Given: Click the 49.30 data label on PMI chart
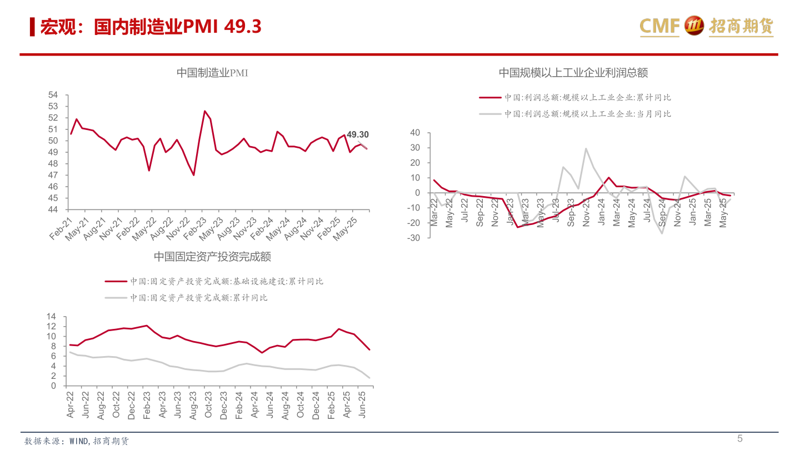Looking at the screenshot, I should coord(357,134).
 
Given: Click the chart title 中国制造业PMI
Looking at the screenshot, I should coord(212,73).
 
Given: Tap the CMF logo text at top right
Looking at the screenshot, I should coord(659,26).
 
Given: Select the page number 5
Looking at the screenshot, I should coord(740,438).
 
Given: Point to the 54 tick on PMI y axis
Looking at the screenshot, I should coord(53,95).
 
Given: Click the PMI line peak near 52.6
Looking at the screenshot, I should coord(204,111).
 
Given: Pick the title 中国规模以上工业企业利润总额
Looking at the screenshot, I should coord(573,73).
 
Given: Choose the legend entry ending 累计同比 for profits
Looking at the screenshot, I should coord(588,97).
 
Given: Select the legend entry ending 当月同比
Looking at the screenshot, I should coord(588,114).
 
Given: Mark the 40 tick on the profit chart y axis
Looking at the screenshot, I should coord(414,133).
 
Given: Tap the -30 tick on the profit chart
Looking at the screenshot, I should coord(413,238).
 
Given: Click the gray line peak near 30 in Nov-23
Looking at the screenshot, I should coord(586,149).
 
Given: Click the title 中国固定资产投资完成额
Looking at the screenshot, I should coord(212,257).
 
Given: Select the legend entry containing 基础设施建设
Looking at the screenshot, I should coord(227,282).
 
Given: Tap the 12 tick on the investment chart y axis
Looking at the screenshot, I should coord(52,327).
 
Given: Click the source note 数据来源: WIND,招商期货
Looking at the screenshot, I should coord(77,441).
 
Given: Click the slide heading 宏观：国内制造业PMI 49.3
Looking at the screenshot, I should coord(151,27).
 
